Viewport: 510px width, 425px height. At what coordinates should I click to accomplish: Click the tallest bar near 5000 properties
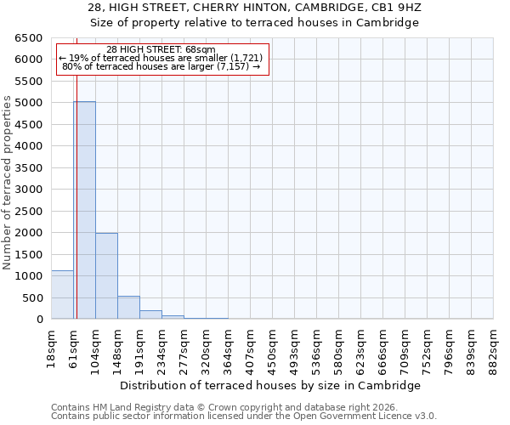pyautogui.click(x=84, y=210)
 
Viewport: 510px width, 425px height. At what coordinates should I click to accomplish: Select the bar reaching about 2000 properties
pyautogui.click(x=106, y=276)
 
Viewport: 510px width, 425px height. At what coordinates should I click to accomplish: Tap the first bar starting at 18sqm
pyautogui.click(x=62, y=295)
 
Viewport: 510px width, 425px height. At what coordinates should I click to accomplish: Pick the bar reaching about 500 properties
pyautogui.click(x=128, y=308)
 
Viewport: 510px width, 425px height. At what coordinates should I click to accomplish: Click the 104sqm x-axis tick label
pyautogui.click(x=95, y=347)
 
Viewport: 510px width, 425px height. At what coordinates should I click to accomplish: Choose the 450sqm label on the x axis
pyautogui.click(x=272, y=347)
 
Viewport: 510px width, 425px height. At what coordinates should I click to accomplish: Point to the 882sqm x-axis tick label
pyautogui.click(x=493, y=347)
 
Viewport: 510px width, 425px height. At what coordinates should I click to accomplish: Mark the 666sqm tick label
pyautogui.click(x=382, y=347)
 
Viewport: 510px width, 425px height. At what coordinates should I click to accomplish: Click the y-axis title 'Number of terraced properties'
pyautogui.click(x=8, y=183)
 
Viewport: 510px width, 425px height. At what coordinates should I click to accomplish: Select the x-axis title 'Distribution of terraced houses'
pyautogui.click(x=270, y=385)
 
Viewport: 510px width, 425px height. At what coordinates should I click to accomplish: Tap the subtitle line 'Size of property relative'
pyautogui.click(x=255, y=23)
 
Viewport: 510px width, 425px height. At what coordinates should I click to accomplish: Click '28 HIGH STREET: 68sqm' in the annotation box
pyautogui.click(x=161, y=49)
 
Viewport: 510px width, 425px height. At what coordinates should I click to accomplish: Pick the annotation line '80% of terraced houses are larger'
pyautogui.click(x=161, y=66)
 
